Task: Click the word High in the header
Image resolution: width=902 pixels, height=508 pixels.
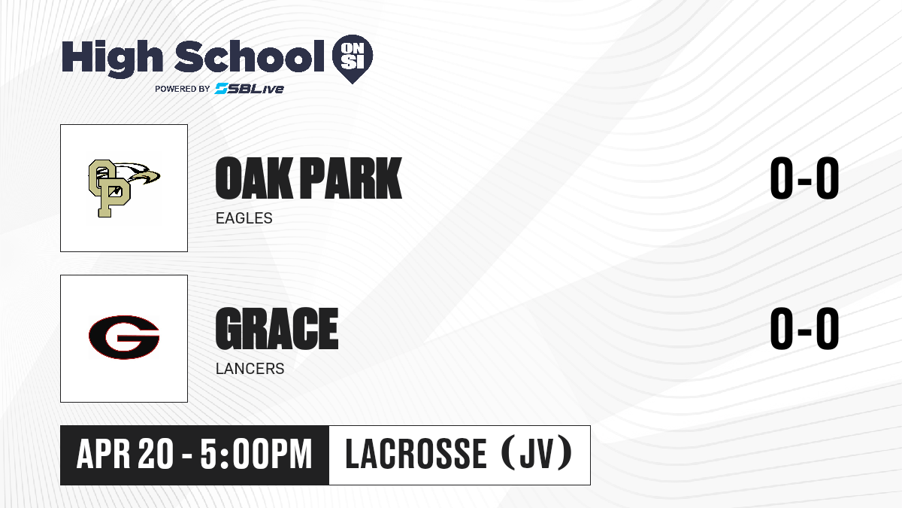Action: (x=112, y=58)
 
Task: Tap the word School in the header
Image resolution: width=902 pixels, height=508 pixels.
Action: (x=250, y=56)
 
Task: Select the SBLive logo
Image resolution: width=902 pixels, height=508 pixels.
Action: (x=250, y=88)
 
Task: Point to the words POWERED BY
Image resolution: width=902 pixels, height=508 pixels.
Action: (x=183, y=89)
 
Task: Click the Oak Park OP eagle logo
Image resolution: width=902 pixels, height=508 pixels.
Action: (x=124, y=188)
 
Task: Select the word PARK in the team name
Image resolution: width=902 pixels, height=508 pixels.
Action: (x=351, y=178)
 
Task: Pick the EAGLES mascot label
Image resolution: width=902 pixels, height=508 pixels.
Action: (x=244, y=218)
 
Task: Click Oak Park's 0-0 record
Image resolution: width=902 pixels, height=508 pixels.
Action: (x=804, y=178)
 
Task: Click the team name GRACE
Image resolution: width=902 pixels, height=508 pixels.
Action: (x=277, y=329)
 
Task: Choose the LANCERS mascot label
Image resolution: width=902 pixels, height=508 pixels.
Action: (x=250, y=369)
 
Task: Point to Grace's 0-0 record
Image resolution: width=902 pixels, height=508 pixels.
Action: (x=804, y=329)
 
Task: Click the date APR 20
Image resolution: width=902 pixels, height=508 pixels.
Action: (x=126, y=454)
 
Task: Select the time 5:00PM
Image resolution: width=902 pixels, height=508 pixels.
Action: (x=256, y=454)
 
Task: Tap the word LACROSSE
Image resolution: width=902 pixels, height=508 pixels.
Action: (x=416, y=454)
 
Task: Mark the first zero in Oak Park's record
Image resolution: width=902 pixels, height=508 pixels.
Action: (x=781, y=178)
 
